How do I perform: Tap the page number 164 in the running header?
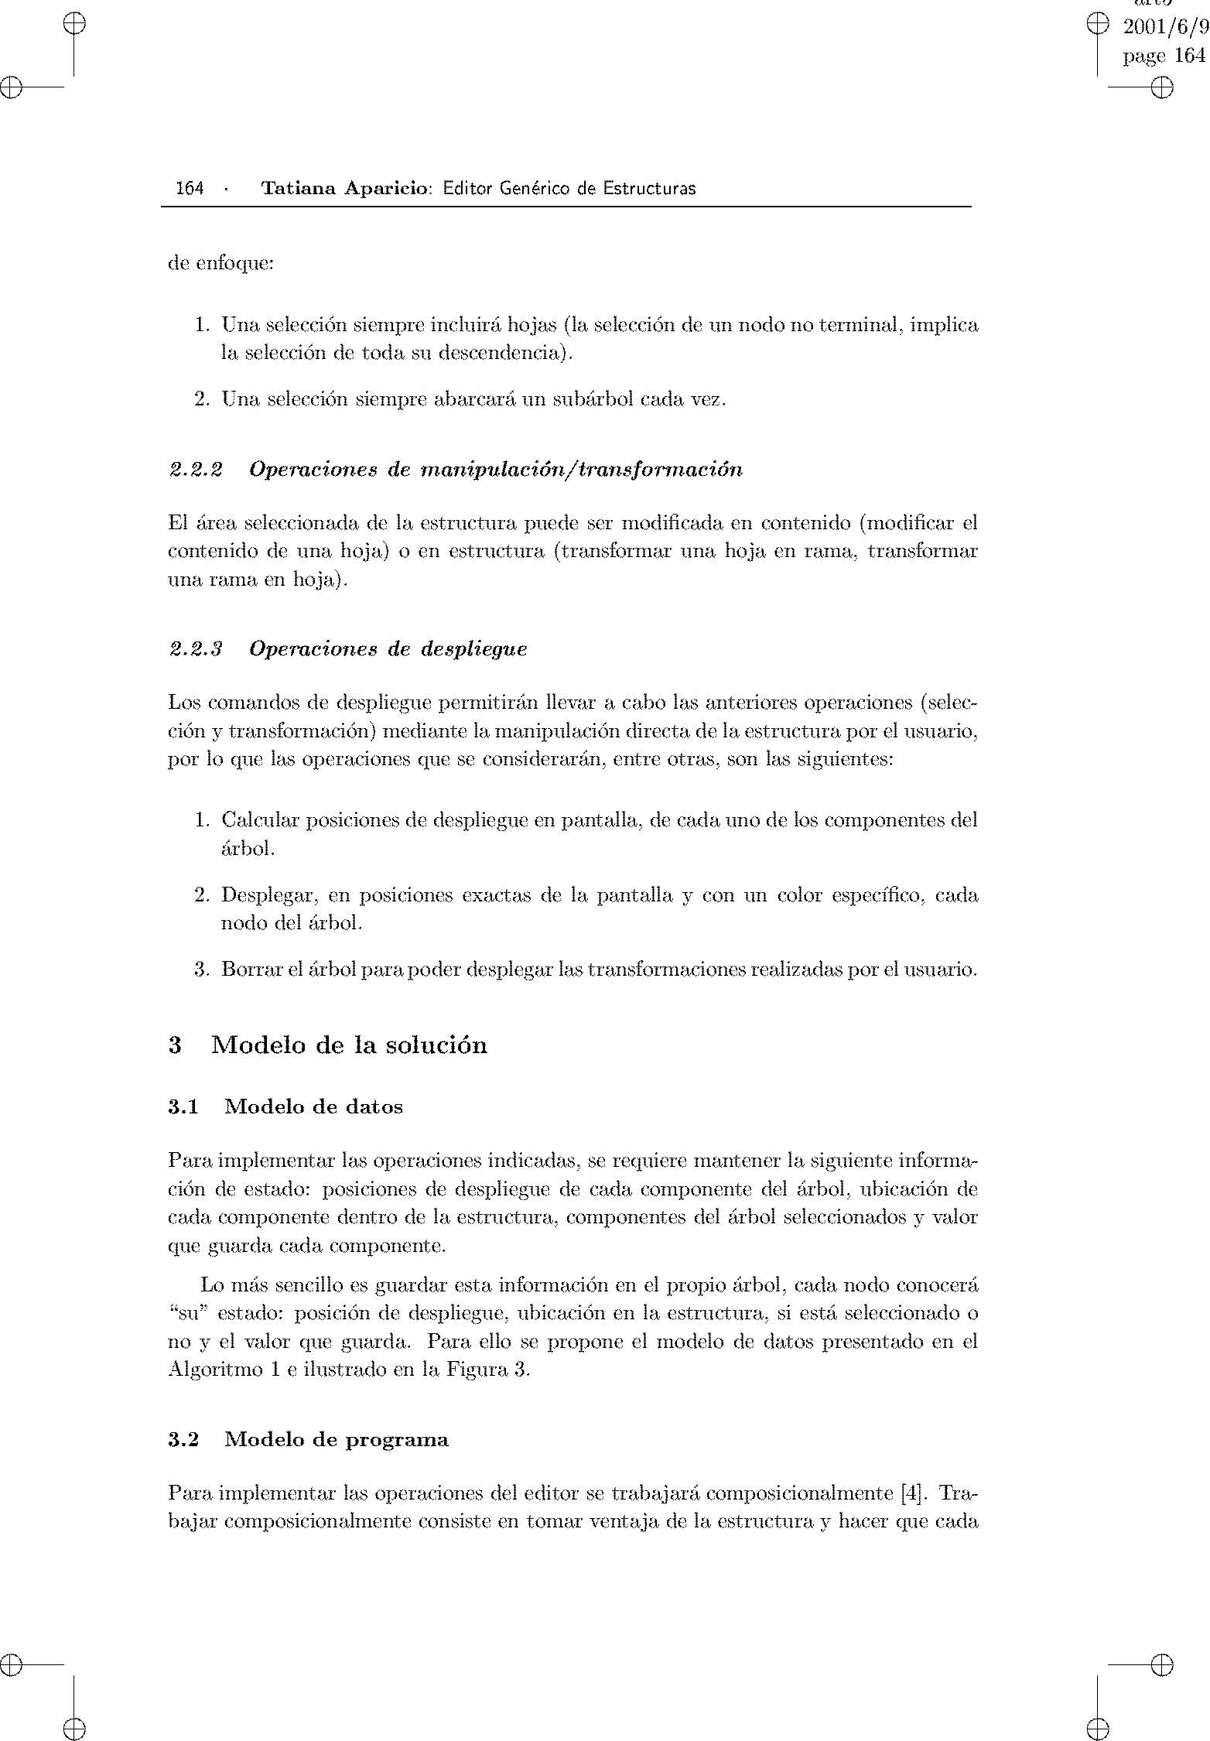coord(190,188)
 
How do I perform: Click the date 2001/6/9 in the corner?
coord(1164,28)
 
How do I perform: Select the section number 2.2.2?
coord(196,470)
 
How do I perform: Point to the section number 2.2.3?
coord(196,648)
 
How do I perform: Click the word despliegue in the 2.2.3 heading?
coord(474,648)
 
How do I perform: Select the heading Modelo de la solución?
coord(349,1045)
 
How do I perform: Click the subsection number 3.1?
coord(183,1107)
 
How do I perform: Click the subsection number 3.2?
coord(183,1439)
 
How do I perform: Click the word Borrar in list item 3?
coord(244,969)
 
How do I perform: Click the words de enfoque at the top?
coord(220,264)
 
